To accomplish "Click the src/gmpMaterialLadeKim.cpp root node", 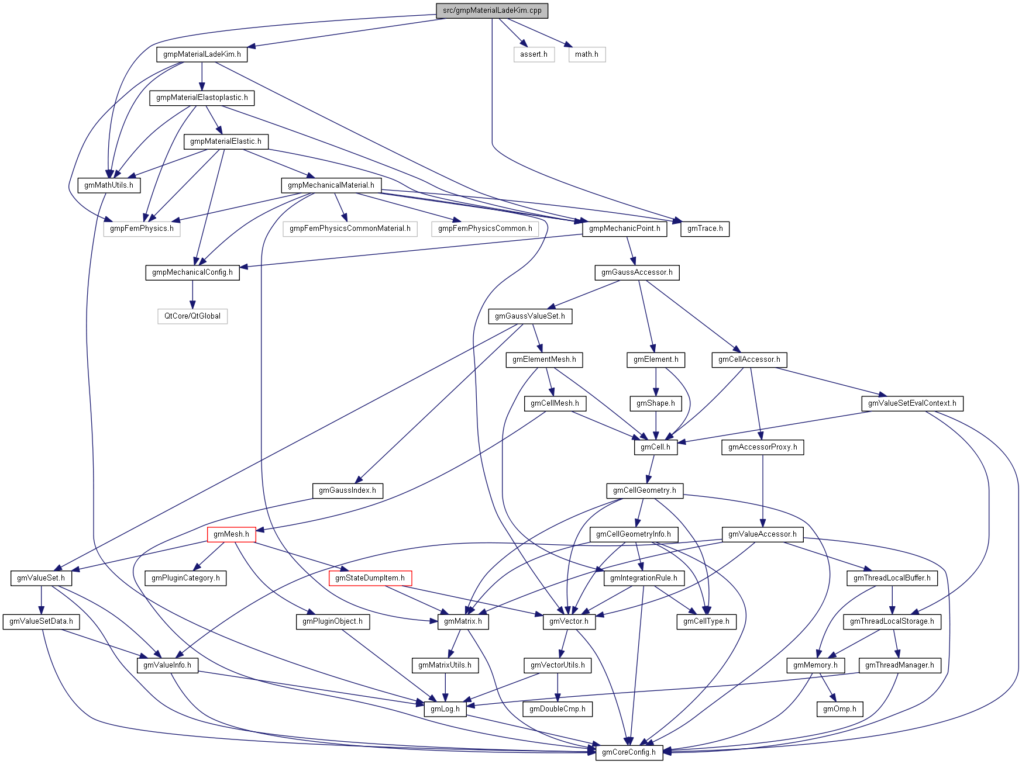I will click(492, 11).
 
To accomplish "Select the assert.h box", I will click(534, 54).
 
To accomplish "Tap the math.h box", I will click(586, 54).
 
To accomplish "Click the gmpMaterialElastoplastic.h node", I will click(202, 98).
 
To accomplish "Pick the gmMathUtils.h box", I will click(109, 185).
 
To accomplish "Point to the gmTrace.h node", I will click(705, 229).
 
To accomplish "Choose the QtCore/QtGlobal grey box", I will click(192, 316).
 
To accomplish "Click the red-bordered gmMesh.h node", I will click(231, 534).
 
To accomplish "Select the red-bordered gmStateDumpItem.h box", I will click(370, 578).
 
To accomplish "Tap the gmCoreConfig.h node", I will click(628, 752).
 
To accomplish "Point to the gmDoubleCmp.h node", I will click(557, 709).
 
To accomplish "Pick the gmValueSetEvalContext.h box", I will click(912, 403).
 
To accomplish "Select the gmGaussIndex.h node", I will click(347, 490).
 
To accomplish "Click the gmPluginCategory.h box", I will click(185, 578).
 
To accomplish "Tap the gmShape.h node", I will click(656, 403).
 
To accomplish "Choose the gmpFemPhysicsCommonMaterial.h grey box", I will click(350, 229).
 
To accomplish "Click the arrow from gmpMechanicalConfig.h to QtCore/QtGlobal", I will click(192, 295).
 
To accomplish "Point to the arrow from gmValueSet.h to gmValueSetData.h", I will click(41, 600).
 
